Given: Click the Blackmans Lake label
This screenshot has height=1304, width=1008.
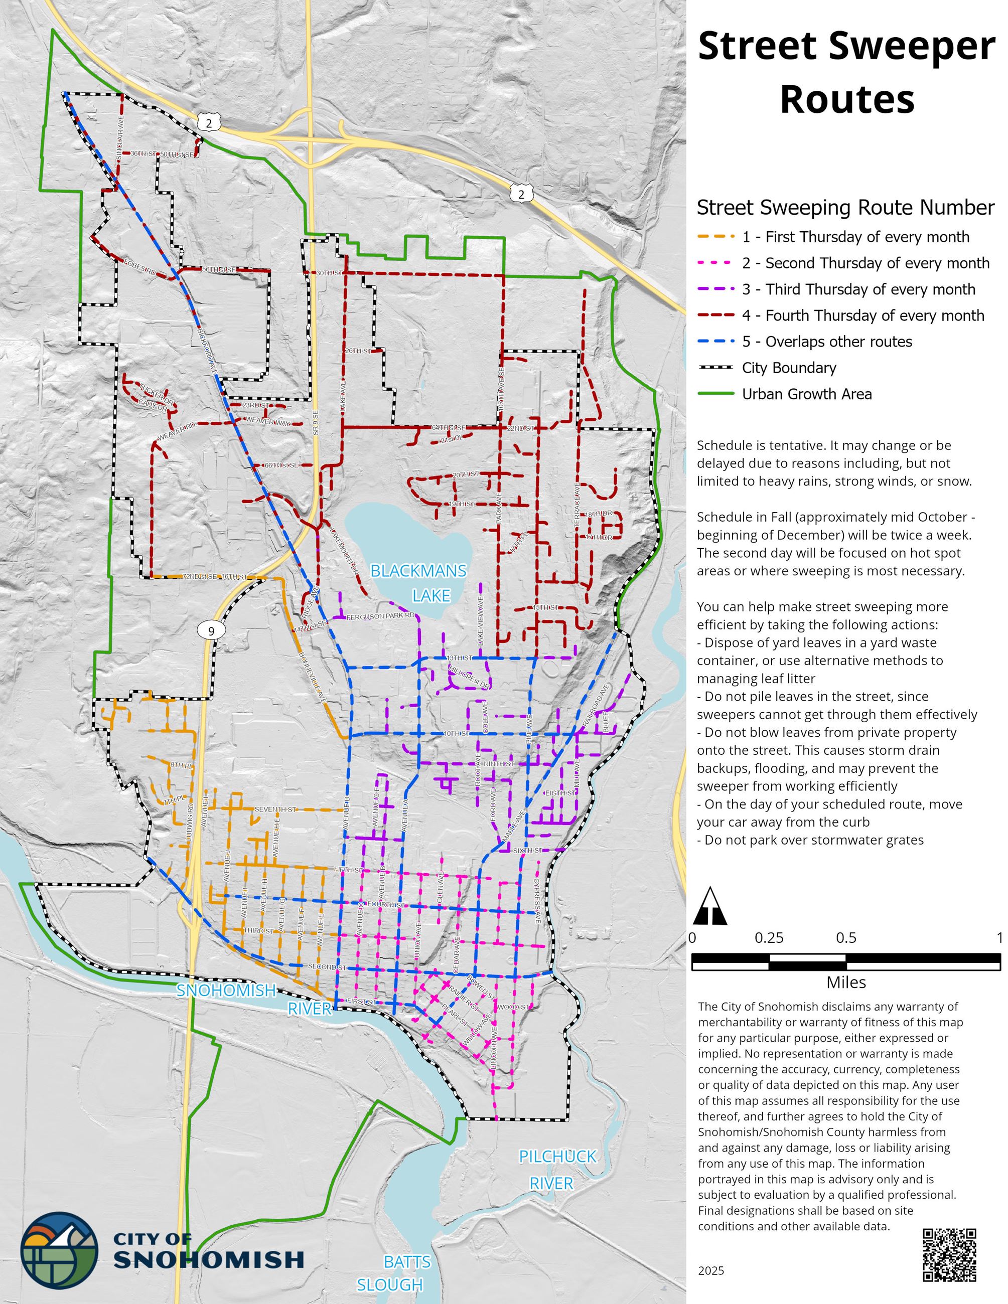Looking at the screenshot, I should point(418,583).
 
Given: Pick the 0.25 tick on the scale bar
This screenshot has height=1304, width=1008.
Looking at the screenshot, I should point(769,938).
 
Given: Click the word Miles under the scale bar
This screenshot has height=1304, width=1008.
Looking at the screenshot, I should point(846,982).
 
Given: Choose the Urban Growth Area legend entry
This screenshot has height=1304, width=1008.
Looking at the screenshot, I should point(806,394).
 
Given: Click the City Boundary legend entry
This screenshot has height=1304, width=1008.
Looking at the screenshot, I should point(788,368).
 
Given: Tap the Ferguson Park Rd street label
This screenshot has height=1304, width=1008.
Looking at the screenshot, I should point(380,615).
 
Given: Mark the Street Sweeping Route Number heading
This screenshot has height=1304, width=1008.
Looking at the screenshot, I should point(845,208).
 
